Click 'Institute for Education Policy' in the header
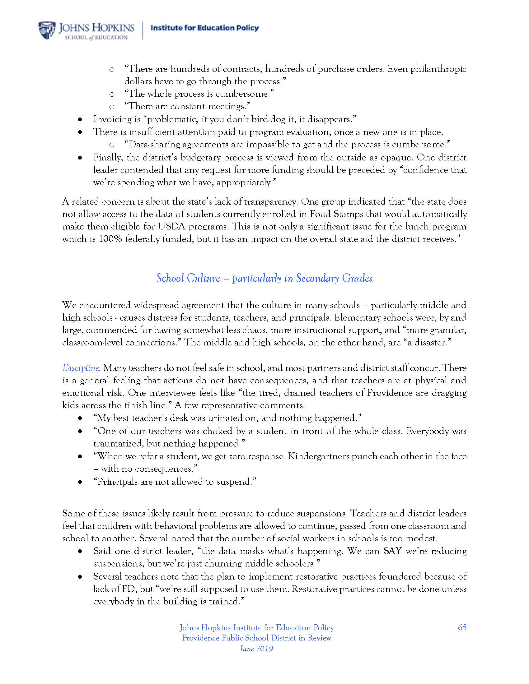(205, 28)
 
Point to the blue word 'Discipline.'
(82, 368)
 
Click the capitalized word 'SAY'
(393, 551)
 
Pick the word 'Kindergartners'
(318, 456)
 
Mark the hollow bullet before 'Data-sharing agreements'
(112, 145)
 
